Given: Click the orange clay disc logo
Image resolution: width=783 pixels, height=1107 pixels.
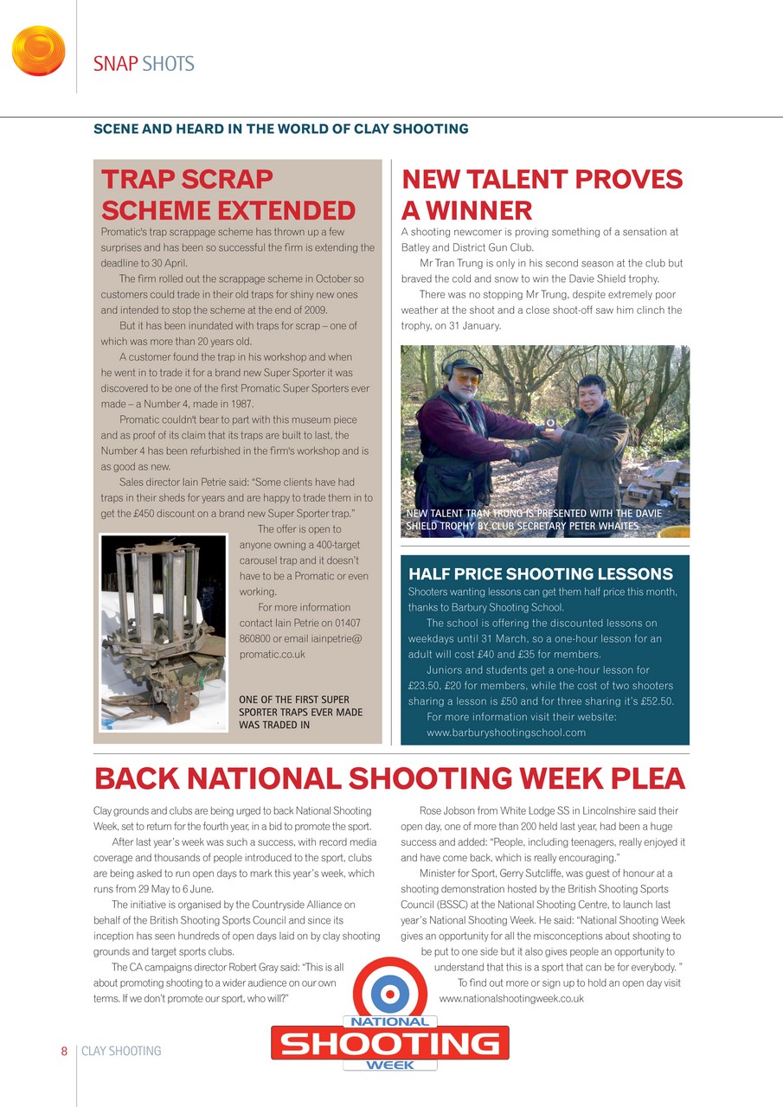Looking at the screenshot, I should tap(38, 51).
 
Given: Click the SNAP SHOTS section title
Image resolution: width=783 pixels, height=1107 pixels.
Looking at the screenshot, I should tap(144, 64).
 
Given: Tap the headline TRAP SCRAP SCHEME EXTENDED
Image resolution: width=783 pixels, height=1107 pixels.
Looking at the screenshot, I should tap(228, 195).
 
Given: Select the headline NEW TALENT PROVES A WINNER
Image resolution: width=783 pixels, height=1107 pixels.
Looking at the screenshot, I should tap(542, 195).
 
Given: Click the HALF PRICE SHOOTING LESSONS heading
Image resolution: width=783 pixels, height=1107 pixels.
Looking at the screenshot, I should tap(540, 574).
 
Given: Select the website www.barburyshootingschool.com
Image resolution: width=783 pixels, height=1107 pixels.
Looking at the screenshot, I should tap(506, 733).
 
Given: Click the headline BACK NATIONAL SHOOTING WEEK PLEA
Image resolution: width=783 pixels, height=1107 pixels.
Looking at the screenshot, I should tap(389, 779).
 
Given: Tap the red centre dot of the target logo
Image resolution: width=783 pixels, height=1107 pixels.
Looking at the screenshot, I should tap(391, 993).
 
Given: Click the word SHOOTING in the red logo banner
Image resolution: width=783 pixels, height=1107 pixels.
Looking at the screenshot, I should tap(390, 1044).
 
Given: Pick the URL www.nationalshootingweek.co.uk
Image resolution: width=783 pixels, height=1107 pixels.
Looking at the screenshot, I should tap(511, 998).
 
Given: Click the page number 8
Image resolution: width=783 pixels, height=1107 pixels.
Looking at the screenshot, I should tap(64, 1051).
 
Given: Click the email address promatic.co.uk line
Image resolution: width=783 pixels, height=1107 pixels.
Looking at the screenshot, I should tap(272, 654).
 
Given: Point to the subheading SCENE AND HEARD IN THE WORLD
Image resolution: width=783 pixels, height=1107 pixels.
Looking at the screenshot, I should tap(281, 129).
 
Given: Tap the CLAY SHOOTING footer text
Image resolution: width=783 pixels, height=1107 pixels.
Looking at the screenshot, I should tap(121, 1051).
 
